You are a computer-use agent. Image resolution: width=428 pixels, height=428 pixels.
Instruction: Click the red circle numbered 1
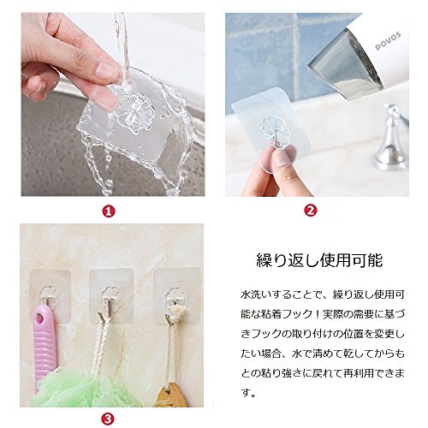tap(109, 211)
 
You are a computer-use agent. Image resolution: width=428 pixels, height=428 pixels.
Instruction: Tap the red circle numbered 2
tap(311, 211)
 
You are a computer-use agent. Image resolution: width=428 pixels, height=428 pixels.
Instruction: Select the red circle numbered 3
tap(108, 419)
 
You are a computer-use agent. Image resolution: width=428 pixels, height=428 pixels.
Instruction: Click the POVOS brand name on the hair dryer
tap(388, 42)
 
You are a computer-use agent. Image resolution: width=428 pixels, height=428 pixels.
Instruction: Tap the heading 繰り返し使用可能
tap(319, 260)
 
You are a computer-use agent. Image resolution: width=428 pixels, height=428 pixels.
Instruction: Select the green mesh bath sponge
tap(83, 388)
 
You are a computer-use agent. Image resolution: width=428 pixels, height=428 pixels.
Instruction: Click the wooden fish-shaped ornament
tap(171, 395)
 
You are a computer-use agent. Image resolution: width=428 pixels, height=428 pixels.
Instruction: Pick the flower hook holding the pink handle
tap(49, 295)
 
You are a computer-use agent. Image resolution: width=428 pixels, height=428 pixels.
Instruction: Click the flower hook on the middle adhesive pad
tap(110, 298)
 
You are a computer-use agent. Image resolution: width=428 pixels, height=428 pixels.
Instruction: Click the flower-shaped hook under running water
tap(134, 113)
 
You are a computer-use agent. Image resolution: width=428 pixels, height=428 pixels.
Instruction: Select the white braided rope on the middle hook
tap(100, 345)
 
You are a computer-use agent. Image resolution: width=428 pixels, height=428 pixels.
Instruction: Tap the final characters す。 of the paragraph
tap(248, 394)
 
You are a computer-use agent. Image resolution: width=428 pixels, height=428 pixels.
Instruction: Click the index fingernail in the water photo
tap(105, 70)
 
